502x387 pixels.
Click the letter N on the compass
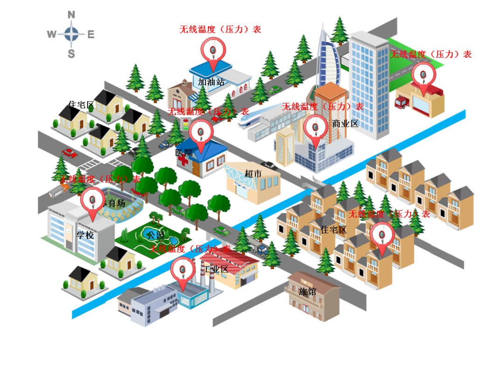71,15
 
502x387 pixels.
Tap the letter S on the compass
71,54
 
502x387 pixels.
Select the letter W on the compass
52,34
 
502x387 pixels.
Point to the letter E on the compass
91,34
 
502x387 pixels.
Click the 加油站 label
211,82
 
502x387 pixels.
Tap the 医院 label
184,152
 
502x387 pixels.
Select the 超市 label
254,174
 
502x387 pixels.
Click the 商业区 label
345,124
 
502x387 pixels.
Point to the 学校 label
85,235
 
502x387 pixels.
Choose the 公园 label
156,234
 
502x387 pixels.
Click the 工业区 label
215,269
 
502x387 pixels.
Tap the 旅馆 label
308,292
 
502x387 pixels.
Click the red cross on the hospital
183,160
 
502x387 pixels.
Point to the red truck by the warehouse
402,102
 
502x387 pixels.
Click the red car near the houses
69,153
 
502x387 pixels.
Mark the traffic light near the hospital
186,125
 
